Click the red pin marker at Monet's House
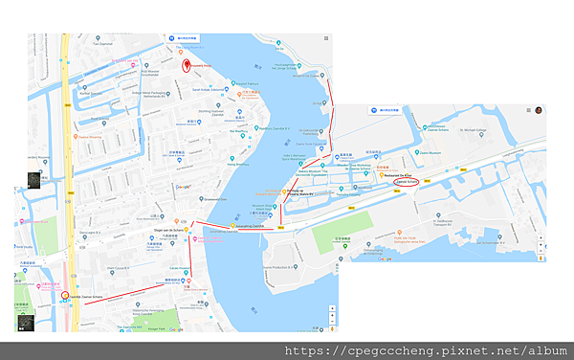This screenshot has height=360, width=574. click(186, 65)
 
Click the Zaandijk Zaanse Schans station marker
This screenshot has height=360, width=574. click(65, 296)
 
